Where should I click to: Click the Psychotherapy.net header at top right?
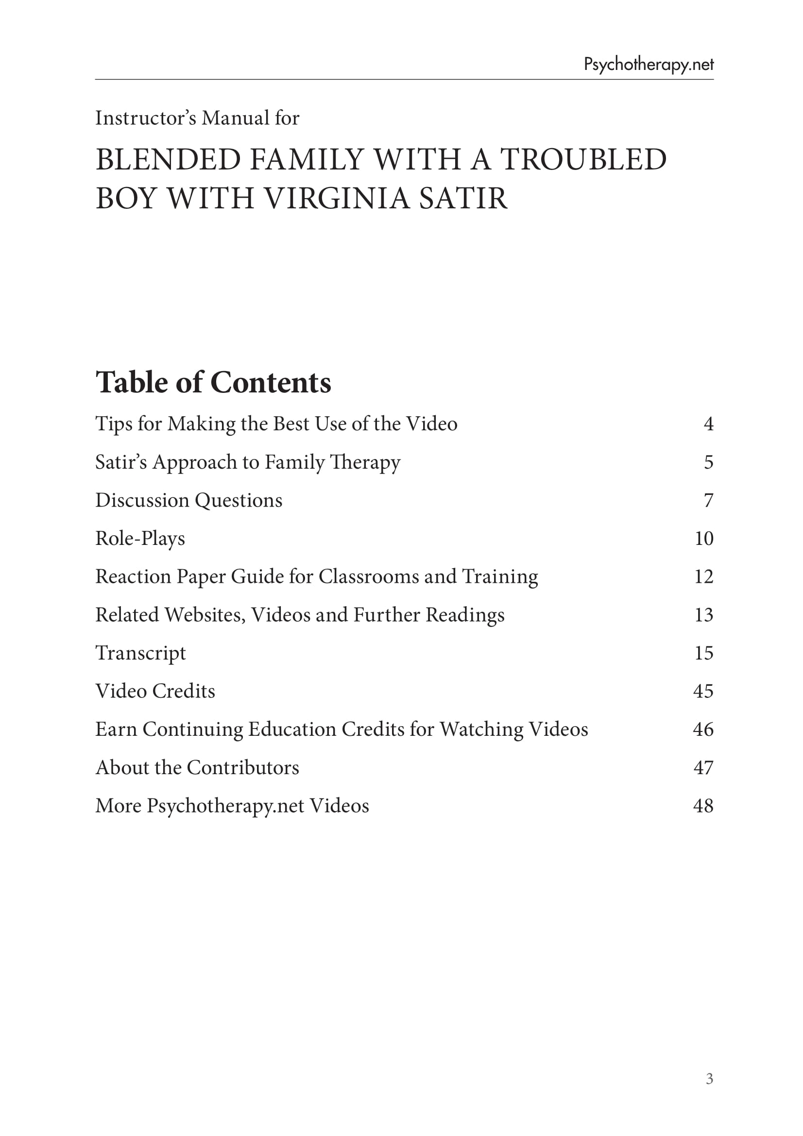pyautogui.click(x=648, y=64)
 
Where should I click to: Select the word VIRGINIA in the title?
pyautogui.click(x=337, y=199)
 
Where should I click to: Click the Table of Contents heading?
pyautogui.click(x=213, y=382)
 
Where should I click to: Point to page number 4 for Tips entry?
pyautogui.click(x=708, y=424)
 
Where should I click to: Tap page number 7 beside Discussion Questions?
pyautogui.click(x=708, y=500)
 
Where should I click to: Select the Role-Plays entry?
pyautogui.click(x=140, y=538)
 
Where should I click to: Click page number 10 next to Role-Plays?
pyautogui.click(x=703, y=538)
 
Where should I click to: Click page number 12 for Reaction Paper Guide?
pyautogui.click(x=703, y=576)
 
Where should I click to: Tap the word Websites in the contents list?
pyautogui.click(x=205, y=614)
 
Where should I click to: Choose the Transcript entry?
pyautogui.click(x=140, y=653)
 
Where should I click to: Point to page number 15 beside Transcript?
pyautogui.click(x=703, y=653)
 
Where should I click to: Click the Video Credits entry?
pyautogui.click(x=155, y=691)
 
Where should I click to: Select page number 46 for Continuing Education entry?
pyautogui.click(x=703, y=729)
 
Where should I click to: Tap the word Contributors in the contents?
pyautogui.click(x=242, y=767)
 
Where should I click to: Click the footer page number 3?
pyautogui.click(x=709, y=1092)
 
